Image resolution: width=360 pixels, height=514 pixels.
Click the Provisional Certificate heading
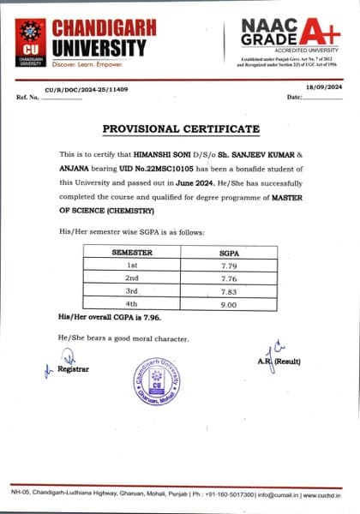pos(180,129)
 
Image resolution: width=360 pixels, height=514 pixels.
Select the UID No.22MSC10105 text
pos(141,169)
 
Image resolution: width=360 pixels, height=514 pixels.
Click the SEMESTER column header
pos(133,254)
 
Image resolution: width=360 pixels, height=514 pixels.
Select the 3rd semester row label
pos(133,290)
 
